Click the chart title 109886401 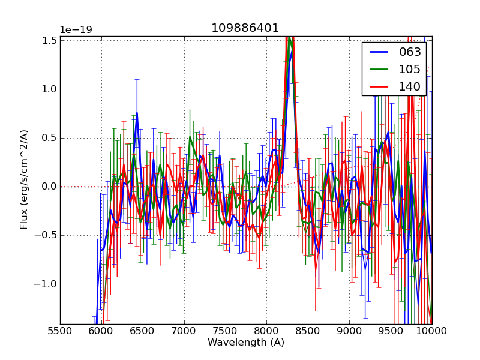[x=245, y=28]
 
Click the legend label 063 [x=410, y=52]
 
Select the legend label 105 [x=410, y=70]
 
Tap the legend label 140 [x=410, y=87]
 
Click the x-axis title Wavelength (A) [x=246, y=343]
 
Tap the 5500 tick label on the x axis [x=60, y=331]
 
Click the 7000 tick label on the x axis [x=184, y=331]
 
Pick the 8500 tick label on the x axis [x=308, y=331]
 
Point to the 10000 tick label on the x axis [x=432, y=331]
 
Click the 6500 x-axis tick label [x=143, y=331]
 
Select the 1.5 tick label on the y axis [x=50, y=40]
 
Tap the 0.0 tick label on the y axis [x=50, y=187]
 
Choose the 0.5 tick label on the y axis [x=50, y=138]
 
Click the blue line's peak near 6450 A [x=137, y=112]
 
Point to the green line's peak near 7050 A [x=190, y=138]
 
